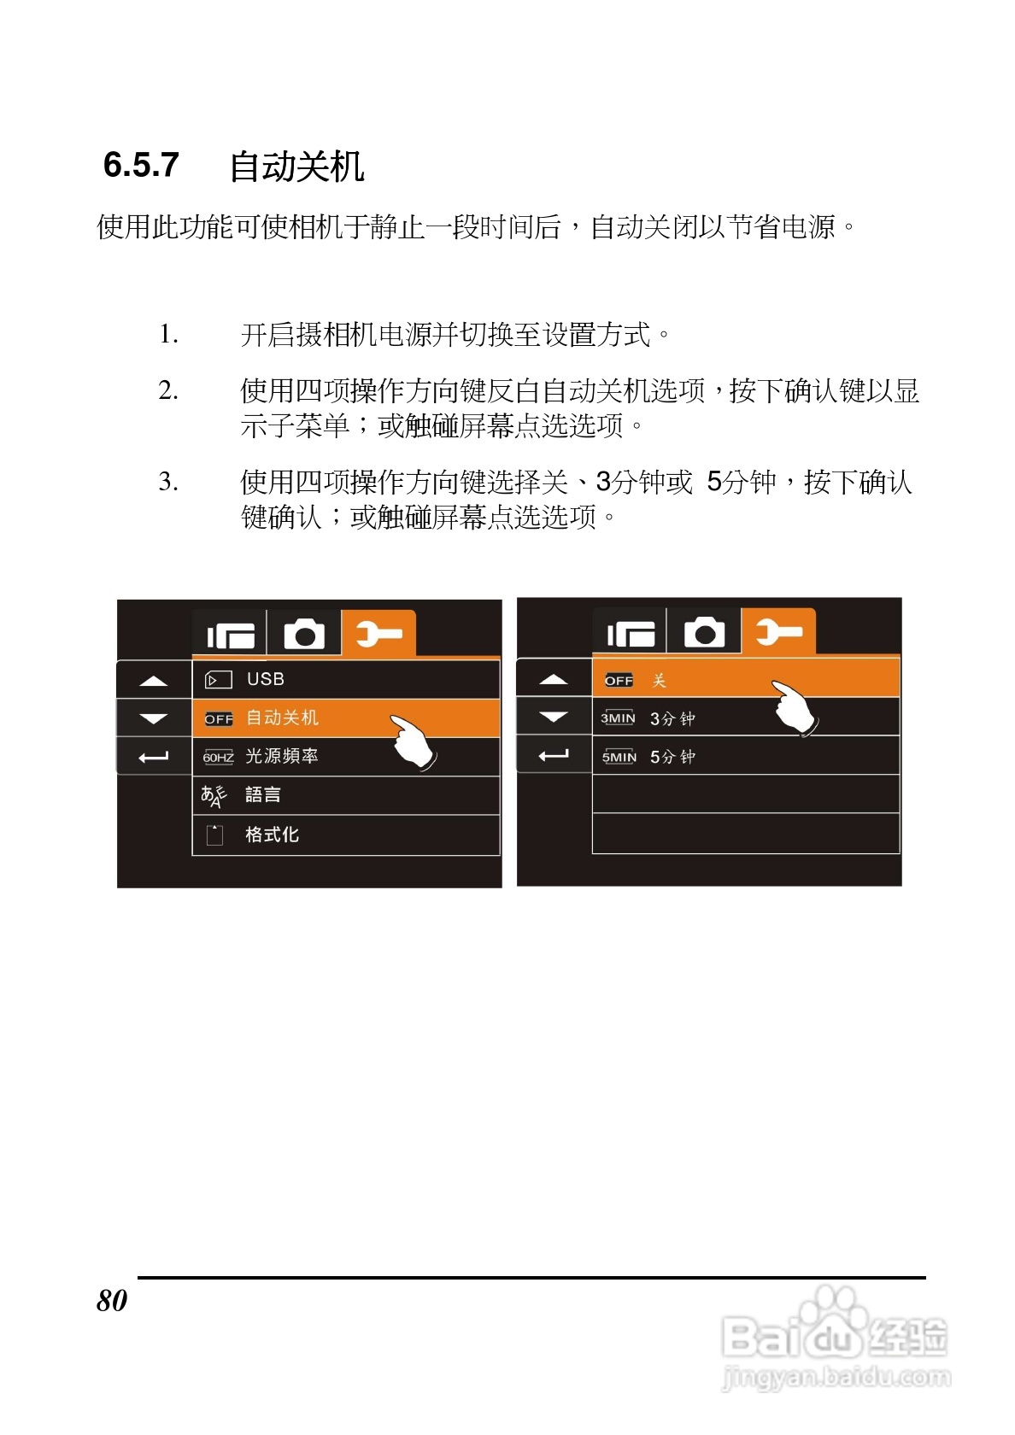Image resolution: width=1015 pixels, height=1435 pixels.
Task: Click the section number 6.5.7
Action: click(141, 164)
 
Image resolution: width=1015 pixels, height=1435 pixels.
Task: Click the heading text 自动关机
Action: click(296, 166)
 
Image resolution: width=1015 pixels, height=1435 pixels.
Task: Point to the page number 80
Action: click(112, 1300)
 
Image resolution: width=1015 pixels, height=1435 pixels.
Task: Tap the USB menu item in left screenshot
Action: click(265, 679)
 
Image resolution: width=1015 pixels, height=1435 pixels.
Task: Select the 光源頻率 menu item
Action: click(281, 756)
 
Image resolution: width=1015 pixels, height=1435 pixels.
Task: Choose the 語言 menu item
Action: click(262, 795)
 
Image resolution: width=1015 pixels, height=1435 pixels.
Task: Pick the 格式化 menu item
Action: click(272, 835)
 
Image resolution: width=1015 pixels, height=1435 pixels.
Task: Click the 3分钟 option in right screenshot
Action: click(672, 718)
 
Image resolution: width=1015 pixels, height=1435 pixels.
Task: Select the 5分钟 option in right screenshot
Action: click(672, 757)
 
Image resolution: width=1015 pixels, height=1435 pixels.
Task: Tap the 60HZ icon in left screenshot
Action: click(218, 757)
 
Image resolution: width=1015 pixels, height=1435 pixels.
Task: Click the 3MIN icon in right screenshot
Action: click(618, 718)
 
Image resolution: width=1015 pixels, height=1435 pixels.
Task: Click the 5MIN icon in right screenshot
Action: click(619, 757)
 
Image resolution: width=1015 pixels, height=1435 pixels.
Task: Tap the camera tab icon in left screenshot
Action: click(304, 635)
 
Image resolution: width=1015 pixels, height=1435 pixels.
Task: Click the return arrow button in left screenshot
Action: click(154, 757)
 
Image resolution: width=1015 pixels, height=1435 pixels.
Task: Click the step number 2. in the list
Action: click(168, 391)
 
